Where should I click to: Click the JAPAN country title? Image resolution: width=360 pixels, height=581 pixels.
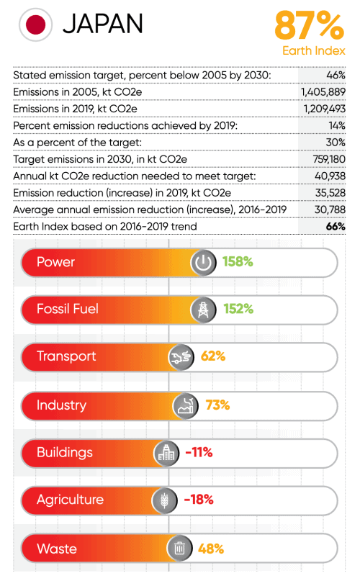[102, 25]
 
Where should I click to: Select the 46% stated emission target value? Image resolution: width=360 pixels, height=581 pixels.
[336, 75]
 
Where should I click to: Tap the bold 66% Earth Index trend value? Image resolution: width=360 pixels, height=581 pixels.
[336, 226]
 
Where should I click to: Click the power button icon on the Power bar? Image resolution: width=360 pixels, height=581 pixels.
[204, 263]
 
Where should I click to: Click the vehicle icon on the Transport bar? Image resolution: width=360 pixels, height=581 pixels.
[181, 357]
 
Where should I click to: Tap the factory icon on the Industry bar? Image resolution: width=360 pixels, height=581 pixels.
[186, 406]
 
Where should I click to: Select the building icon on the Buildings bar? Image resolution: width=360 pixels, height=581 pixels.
[166, 454]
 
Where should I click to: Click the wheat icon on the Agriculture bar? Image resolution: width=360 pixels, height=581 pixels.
[163, 500]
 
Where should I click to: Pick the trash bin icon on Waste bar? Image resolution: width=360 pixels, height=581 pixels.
[179, 549]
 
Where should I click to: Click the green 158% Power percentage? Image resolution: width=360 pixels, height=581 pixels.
[238, 262]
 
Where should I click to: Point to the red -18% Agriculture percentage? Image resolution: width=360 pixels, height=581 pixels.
[199, 500]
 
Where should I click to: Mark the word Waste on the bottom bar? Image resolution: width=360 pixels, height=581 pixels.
[57, 549]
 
